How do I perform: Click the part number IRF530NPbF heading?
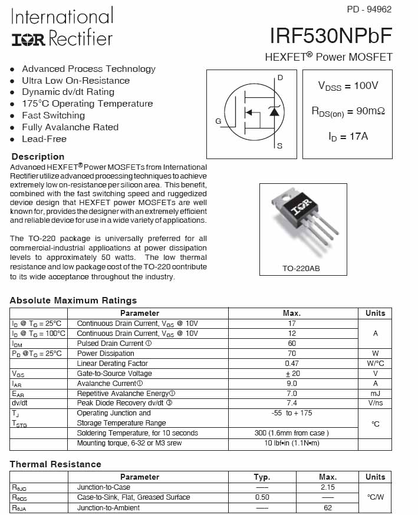click(x=331, y=36)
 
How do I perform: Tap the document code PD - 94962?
click(x=369, y=9)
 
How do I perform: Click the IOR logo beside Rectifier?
click(x=28, y=39)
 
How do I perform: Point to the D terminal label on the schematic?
click(x=280, y=78)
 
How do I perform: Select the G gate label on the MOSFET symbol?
click(x=218, y=121)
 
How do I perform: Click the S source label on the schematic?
click(x=279, y=146)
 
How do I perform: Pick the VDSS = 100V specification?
click(x=348, y=86)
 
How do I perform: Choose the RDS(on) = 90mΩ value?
click(x=348, y=111)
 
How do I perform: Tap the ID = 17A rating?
click(x=348, y=137)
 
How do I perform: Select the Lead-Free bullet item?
click(x=44, y=139)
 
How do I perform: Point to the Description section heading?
click(x=38, y=157)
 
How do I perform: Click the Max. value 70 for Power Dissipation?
click(x=292, y=354)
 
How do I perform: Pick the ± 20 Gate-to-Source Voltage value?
click(x=292, y=374)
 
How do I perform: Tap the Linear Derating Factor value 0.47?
click(x=292, y=364)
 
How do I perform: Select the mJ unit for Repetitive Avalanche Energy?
click(x=375, y=393)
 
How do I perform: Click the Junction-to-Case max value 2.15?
click(x=327, y=487)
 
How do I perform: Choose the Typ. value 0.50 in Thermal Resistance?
click(x=262, y=497)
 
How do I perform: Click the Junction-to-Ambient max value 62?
click(x=327, y=507)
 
